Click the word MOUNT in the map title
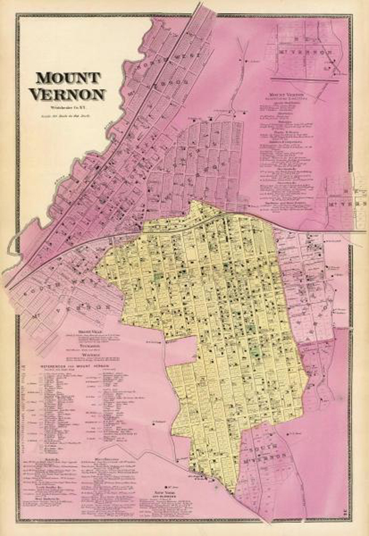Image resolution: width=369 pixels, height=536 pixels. tap(69, 78)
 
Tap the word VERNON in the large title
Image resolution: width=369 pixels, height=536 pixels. tap(69, 93)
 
